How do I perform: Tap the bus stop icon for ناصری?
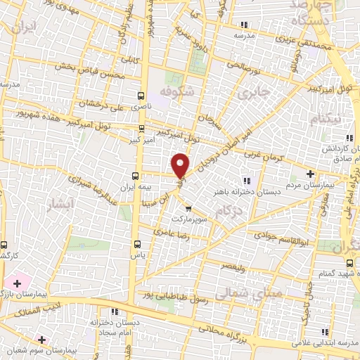pyautogui.click(x=142, y=95)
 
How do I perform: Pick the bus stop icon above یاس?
pyautogui.click(x=136, y=245)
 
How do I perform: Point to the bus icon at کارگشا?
pyautogui.click(x=5, y=246)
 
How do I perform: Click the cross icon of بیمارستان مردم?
pyautogui.click(x=311, y=174)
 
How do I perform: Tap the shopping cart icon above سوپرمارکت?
pyautogui.click(x=188, y=208)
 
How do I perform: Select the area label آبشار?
pyautogui.click(x=59, y=205)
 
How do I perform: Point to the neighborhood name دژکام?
pyautogui.click(x=237, y=210)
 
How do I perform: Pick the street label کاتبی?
pyautogui.click(x=131, y=60)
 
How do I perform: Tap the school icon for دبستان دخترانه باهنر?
pyautogui.click(x=245, y=180)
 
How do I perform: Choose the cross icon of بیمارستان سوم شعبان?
pyautogui.click(x=42, y=340)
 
